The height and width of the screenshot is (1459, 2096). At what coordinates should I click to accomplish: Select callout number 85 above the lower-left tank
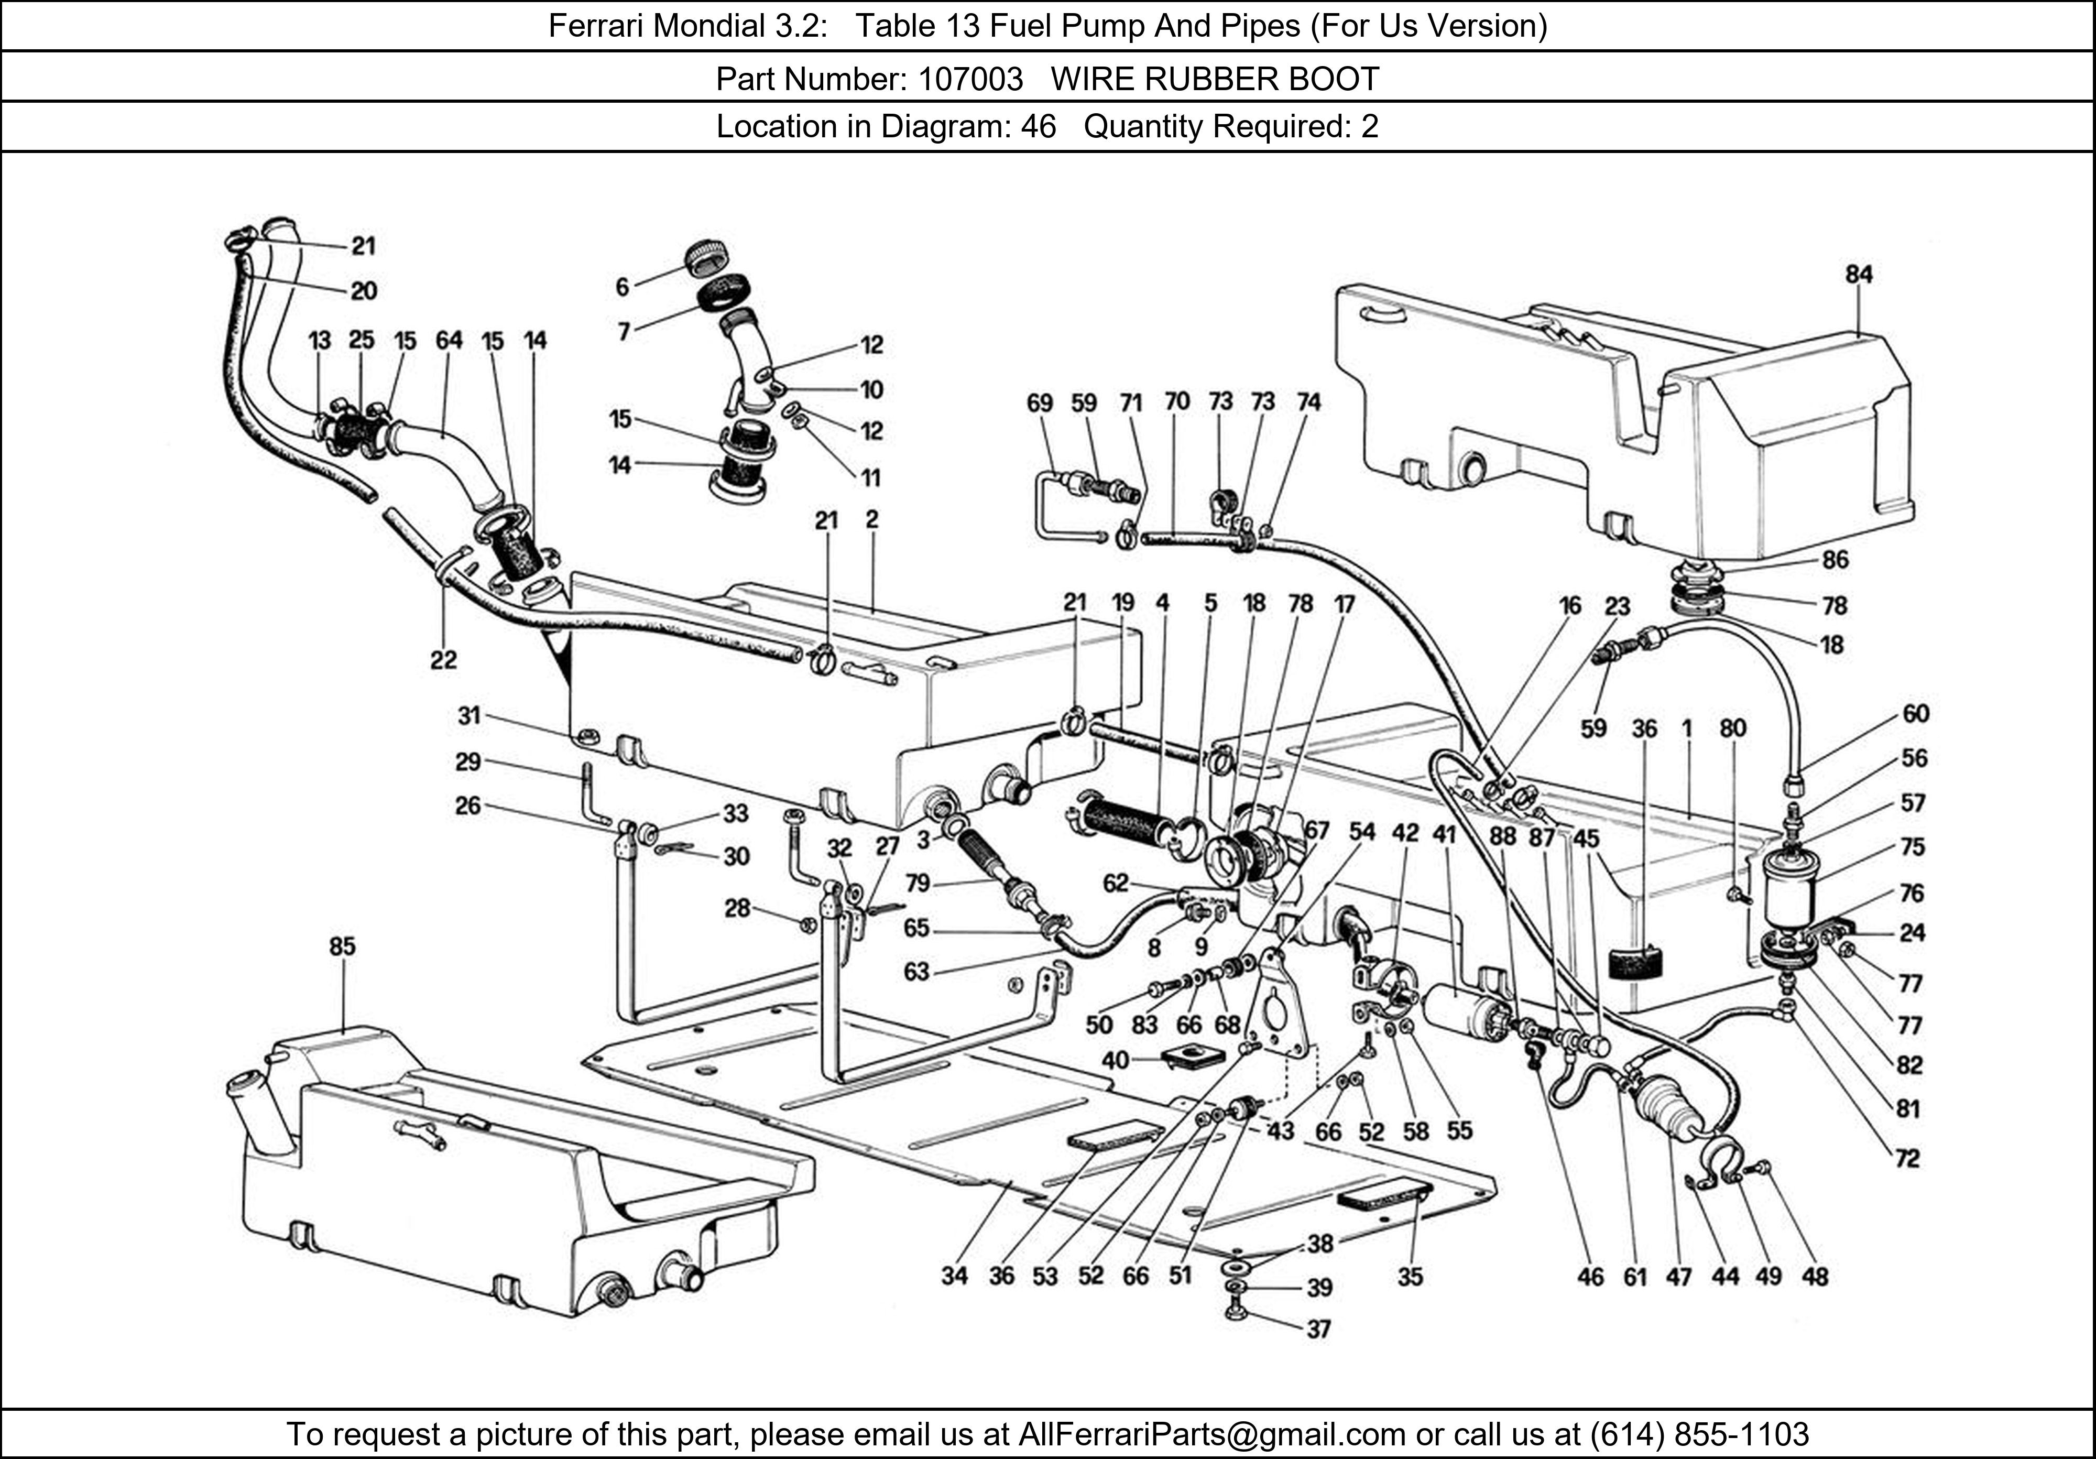pos(342,947)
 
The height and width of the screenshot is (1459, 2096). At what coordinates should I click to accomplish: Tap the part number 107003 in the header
pos(970,80)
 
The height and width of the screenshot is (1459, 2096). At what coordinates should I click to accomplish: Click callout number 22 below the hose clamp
pos(444,659)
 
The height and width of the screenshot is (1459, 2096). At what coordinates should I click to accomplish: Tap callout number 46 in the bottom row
pos(1590,1277)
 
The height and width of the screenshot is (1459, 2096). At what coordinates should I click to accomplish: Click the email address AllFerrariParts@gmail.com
pos(1211,1434)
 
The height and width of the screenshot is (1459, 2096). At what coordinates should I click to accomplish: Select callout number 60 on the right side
pos(1915,713)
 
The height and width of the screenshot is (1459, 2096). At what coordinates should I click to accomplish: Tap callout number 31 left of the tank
pos(469,715)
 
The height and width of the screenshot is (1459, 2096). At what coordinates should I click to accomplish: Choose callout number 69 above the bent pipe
pos(1039,402)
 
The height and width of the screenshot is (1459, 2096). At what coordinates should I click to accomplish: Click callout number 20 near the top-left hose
pos(363,290)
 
